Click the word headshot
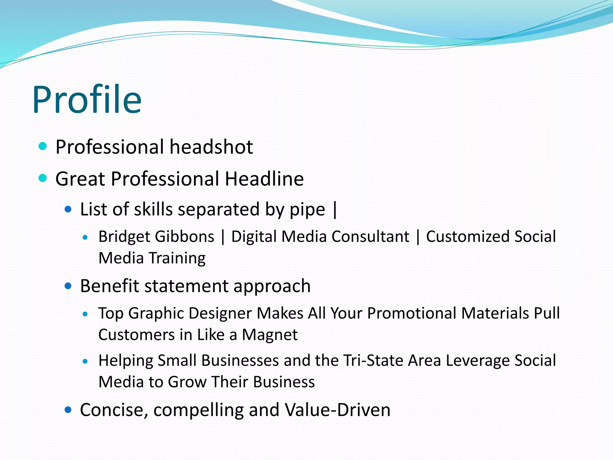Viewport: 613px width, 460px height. coord(211,147)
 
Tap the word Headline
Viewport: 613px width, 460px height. coord(264,179)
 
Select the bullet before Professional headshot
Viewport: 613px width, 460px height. coord(43,146)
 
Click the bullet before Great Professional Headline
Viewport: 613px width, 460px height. coord(43,178)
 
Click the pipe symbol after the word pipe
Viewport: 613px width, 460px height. coord(335,210)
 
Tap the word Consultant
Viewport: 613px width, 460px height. coord(370,237)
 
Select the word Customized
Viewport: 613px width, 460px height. coord(468,237)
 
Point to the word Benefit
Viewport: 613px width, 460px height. coord(110,286)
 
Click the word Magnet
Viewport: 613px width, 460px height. coord(270,335)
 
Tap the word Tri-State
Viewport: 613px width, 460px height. coord(373,360)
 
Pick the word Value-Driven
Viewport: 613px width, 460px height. coord(338,410)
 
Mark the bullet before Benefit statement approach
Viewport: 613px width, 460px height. coord(68,286)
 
